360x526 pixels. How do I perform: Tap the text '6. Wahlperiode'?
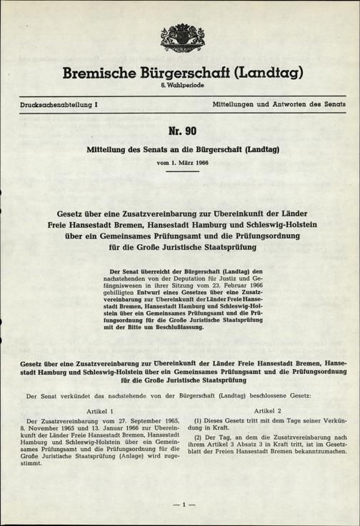tap(179, 86)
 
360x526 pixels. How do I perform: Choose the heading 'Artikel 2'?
tap(268, 413)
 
